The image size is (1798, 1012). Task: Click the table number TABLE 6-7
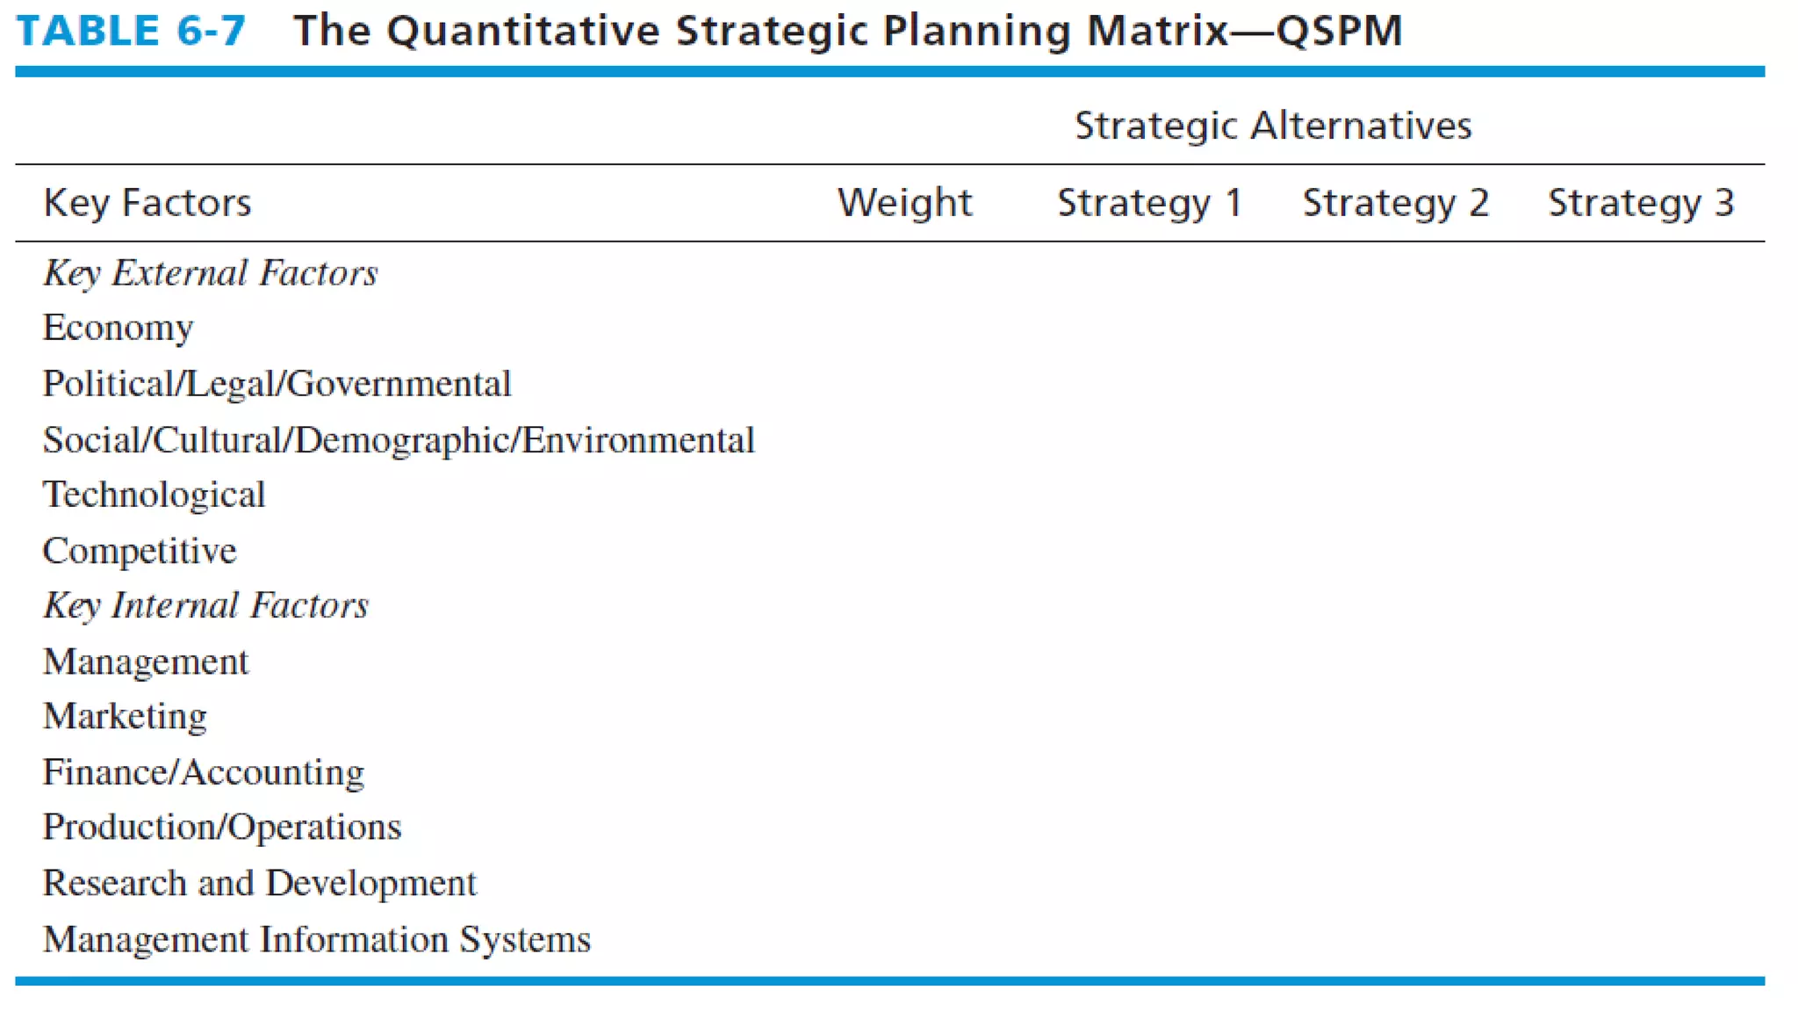131,31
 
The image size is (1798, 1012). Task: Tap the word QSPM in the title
1339,31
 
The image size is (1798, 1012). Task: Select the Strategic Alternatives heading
1273,126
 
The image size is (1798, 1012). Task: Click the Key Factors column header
147,203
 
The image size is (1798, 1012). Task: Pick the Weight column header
904,203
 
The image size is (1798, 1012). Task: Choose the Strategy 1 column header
1149,203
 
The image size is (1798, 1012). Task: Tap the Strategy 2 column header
1395,203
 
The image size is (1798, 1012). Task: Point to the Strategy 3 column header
1640,203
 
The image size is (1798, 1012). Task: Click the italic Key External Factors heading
211,273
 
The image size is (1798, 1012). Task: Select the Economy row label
118,329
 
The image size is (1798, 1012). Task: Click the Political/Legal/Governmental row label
277,384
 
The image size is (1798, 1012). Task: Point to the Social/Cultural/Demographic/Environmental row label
399,440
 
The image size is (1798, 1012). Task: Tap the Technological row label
154,495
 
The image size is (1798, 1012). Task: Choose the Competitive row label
140,551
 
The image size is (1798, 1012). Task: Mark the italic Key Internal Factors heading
206,605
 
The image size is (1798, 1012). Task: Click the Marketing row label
125,716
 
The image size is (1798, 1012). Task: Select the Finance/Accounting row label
203,772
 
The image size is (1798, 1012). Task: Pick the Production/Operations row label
222,827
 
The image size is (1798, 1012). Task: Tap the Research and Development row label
259,883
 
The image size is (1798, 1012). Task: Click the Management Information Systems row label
317,939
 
